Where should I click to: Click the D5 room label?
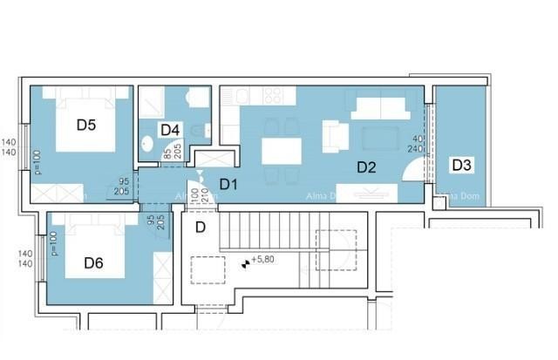pos(85,125)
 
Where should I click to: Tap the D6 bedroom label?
pos(94,262)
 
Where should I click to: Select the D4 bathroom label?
pos(170,130)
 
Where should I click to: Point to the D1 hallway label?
pos(228,184)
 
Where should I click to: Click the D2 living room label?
pos(365,166)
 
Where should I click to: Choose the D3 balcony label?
pos(460,165)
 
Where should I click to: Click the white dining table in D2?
pos(281,152)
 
